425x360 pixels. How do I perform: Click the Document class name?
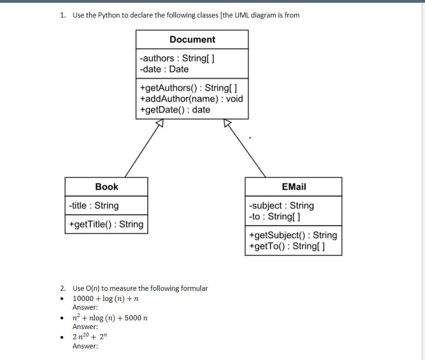[192, 40]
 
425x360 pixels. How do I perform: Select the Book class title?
[107, 187]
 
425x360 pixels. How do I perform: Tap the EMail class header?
[294, 187]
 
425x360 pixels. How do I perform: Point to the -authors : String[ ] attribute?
[177, 58]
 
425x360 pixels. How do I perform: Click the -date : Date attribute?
[164, 69]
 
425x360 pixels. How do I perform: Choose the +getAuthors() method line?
[188, 88]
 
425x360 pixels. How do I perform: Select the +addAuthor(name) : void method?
[191, 99]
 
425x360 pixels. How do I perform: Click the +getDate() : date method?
[175, 110]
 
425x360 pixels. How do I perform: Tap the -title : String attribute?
[93, 206]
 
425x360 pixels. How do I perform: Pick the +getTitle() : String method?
[106, 224]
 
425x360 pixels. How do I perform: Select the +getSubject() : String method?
[293, 235]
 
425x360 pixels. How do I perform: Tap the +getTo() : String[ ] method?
[286, 246]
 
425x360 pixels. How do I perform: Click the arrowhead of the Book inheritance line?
[159, 123]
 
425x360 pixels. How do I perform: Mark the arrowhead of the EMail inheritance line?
[227, 123]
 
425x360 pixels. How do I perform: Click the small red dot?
[250, 137]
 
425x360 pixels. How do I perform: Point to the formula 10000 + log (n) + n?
[106, 299]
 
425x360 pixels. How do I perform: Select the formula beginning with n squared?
[110, 318]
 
